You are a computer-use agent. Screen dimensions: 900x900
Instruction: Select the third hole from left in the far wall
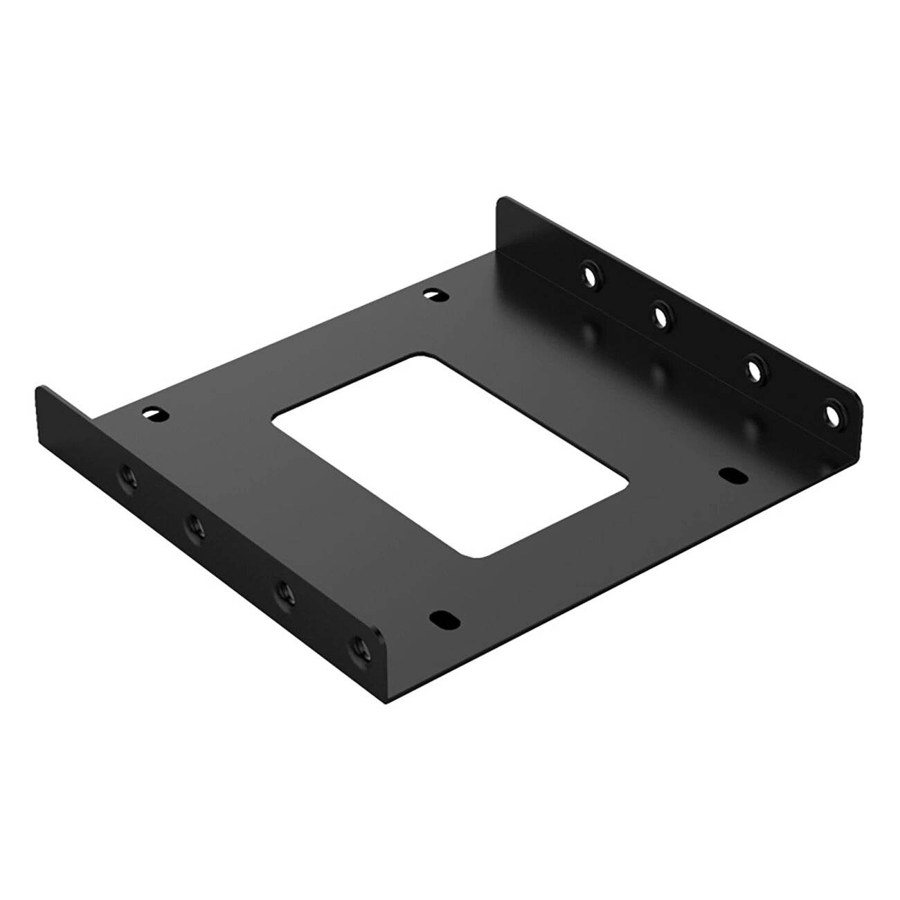755,370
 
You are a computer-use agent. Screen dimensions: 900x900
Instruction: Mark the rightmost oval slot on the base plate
730,476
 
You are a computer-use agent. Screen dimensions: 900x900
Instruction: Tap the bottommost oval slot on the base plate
440,618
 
